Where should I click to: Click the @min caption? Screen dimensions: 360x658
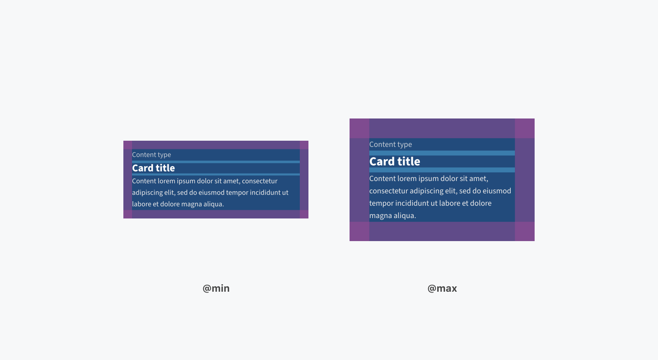[216, 288]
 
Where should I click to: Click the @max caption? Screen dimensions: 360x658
[442, 288]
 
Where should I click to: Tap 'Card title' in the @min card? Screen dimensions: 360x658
[153, 168]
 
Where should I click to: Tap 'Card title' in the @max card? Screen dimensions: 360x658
[394, 161]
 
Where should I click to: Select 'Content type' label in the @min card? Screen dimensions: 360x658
[151, 155]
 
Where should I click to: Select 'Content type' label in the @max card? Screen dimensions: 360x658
[390, 144]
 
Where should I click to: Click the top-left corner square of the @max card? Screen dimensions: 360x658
[359, 128]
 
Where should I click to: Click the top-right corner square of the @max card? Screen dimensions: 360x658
[525, 128]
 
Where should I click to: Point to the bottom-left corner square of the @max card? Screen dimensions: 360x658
[359, 231]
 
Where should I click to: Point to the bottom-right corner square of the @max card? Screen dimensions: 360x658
[525, 231]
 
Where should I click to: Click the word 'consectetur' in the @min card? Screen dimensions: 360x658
[259, 181]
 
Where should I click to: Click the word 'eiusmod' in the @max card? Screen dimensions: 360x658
[496, 191]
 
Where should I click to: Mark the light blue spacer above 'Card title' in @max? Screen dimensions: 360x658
[442, 153]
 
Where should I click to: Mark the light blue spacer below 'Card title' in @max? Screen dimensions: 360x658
[442, 170]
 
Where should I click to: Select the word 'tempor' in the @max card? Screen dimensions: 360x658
[381, 203]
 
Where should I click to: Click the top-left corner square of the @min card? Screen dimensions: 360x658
[127, 145]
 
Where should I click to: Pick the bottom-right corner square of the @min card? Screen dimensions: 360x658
[304, 214]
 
